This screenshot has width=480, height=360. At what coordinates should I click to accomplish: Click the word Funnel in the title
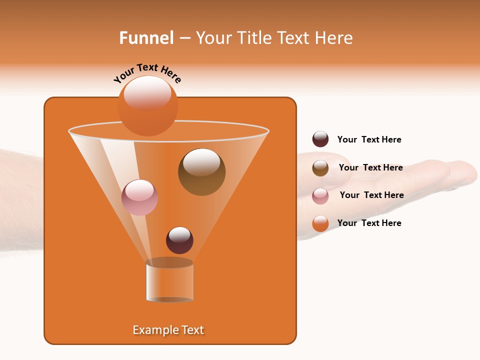click(146, 38)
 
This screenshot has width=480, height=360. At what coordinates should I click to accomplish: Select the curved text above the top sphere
click(147, 73)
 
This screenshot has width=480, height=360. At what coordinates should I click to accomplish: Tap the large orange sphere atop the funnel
click(147, 106)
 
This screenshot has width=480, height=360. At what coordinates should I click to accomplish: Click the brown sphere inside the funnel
click(201, 172)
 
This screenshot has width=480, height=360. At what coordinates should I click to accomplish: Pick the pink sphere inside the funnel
click(139, 197)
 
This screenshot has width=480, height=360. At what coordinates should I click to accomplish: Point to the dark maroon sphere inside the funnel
click(179, 240)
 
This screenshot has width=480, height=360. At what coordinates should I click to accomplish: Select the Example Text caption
click(168, 330)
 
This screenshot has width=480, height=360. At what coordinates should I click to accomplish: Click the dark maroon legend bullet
click(320, 139)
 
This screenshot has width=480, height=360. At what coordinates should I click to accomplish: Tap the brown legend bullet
click(320, 168)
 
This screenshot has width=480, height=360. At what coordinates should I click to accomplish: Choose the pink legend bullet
click(320, 196)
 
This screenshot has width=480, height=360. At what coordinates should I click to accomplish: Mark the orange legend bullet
click(320, 223)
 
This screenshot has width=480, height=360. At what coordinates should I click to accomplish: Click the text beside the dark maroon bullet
click(369, 139)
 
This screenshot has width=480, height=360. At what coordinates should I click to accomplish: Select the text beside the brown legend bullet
click(370, 167)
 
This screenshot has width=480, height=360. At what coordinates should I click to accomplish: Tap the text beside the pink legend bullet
click(371, 195)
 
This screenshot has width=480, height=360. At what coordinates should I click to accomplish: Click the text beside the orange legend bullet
click(369, 223)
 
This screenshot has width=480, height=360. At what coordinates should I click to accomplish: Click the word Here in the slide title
click(334, 38)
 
